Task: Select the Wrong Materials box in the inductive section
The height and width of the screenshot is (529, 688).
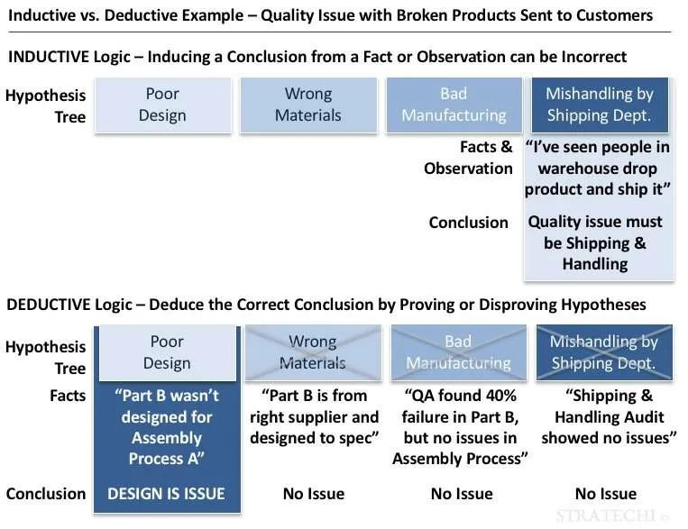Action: [308, 105]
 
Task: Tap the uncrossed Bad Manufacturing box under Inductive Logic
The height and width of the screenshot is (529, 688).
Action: [454, 105]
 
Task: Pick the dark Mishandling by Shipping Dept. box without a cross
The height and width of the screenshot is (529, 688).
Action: [599, 105]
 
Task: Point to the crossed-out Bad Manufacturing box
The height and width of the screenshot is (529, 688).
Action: [458, 352]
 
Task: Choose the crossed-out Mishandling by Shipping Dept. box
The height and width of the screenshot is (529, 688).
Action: [604, 352]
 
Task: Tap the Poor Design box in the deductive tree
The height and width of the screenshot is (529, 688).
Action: [166, 352]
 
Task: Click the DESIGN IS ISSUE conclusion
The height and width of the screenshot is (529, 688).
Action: [166, 493]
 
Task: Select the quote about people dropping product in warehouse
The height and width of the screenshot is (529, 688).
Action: [597, 169]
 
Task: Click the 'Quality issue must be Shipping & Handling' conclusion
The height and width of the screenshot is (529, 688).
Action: [595, 242]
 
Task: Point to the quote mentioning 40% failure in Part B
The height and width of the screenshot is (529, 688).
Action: [461, 427]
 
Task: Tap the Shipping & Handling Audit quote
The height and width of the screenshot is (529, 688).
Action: [609, 416]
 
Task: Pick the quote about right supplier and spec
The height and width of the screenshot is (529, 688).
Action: [314, 416]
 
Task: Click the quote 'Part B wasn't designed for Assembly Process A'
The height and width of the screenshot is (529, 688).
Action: [166, 427]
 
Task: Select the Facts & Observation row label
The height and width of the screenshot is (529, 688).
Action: [468, 158]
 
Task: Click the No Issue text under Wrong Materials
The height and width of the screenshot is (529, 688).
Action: [315, 493]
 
